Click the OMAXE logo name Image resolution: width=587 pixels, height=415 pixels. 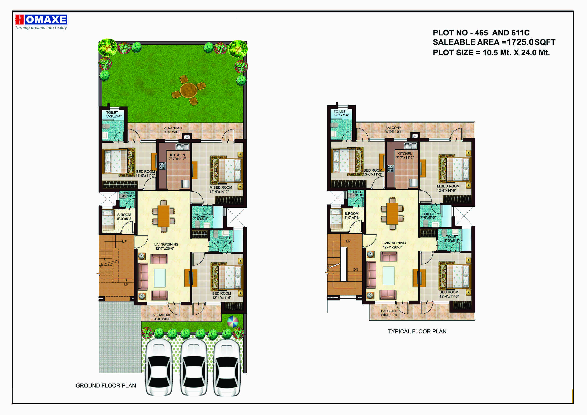click(46, 20)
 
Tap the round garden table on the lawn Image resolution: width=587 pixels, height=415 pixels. click(189, 90)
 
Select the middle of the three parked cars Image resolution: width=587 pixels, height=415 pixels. click(193, 368)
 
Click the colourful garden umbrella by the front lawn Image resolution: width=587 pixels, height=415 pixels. click(232, 322)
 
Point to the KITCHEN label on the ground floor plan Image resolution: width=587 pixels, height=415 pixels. click(177, 155)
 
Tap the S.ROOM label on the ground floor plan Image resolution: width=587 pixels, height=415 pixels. click(124, 215)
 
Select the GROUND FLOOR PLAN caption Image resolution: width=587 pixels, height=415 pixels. click(106, 386)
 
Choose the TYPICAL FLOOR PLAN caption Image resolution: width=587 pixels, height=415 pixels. click(417, 331)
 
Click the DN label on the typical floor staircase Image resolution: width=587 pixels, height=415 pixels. click(356, 270)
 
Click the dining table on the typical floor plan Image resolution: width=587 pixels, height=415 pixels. click(392, 213)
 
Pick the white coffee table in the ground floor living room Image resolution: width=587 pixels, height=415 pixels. click(160, 278)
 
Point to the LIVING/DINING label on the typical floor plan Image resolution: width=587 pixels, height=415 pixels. click(394, 243)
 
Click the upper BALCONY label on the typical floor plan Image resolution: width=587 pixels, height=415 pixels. click(393, 128)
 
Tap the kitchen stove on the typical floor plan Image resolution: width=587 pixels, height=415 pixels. click(390, 168)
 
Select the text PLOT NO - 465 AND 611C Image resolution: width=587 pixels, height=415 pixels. click(481, 33)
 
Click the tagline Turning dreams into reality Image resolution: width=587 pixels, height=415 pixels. click(41, 28)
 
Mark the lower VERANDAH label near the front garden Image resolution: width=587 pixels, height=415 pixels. click(162, 315)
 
